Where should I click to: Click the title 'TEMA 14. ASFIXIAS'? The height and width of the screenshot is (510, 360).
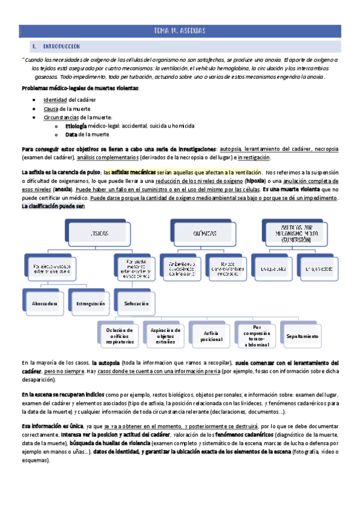tap(180, 31)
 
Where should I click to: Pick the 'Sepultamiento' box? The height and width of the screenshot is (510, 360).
tap(303, 337)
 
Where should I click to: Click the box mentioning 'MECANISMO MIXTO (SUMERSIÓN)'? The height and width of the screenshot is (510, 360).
tap(295, 231)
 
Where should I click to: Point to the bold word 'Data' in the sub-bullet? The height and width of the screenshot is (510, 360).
tap(71, 135)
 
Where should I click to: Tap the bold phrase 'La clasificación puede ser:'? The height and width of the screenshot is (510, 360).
tap(53, 206)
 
